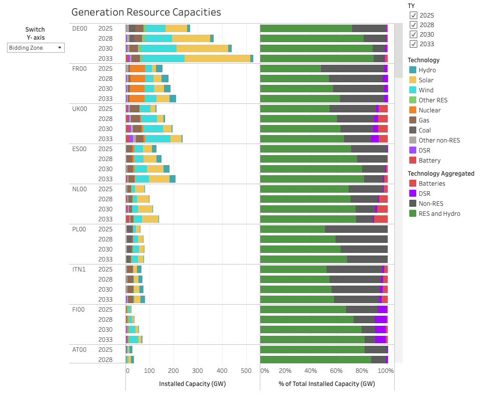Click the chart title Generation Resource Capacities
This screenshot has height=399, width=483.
pos(146,12)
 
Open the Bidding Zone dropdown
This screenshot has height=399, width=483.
pos(36,48)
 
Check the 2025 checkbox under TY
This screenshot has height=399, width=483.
pos(413,16)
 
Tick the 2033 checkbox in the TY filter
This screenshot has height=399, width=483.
pos(413,44)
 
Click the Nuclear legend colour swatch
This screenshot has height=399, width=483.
pos(413,110)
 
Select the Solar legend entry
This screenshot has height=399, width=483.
pos(426,80)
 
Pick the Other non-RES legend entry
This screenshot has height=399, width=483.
pos(439,141)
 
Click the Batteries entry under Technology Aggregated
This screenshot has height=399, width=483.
pos(431,184)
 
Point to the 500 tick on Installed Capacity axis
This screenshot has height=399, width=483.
pos(246,371)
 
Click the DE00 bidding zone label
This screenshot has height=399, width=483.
pos(80,29)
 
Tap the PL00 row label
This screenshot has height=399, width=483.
pos(80,229)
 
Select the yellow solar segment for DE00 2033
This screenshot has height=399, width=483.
pos(217,58)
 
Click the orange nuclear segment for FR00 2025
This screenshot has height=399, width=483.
pos(137,68)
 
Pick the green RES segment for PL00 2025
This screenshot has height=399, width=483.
pos(292,229)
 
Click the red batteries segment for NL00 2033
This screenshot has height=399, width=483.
pos(381,219)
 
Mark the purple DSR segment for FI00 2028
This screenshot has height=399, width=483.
pos(381,319)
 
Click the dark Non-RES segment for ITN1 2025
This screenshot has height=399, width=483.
pos(354,269)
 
